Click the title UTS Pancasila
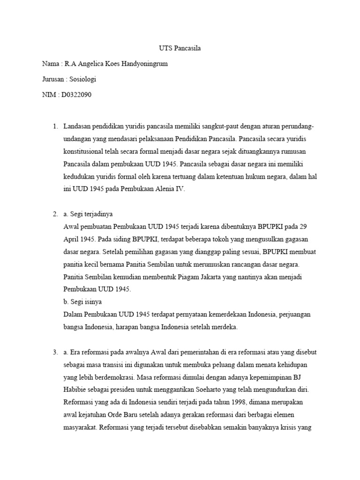coord(180,48)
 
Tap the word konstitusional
coord(84,152)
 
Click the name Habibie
coord(75,390)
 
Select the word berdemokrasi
coord(114,377)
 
